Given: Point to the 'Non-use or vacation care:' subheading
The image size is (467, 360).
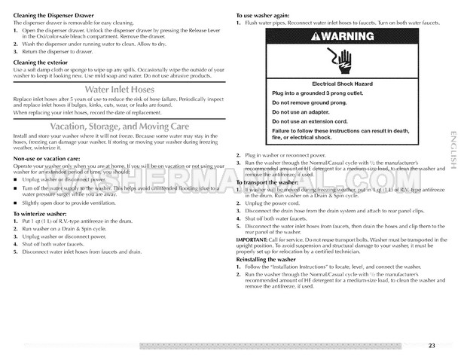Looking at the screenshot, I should [47, 160].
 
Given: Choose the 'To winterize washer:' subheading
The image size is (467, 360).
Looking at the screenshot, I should [39, 214].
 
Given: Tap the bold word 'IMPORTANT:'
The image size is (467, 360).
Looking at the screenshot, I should [250, 240].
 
